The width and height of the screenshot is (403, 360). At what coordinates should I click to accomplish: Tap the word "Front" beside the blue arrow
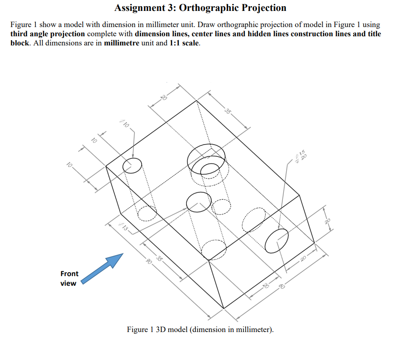[x=69, y=274]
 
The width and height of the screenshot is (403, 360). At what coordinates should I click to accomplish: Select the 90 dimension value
[x=149, y=262]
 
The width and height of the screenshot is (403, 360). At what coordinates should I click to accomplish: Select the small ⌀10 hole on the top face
[x=132, y=166]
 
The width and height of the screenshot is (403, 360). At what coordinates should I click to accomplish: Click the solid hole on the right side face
[x=277, y=240]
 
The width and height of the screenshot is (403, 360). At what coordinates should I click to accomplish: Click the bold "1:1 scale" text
[x=184, y=44]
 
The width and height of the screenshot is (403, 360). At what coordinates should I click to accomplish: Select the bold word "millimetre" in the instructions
[x=122, y=44]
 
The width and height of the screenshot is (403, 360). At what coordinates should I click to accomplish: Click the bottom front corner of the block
[x=223, y=308]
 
